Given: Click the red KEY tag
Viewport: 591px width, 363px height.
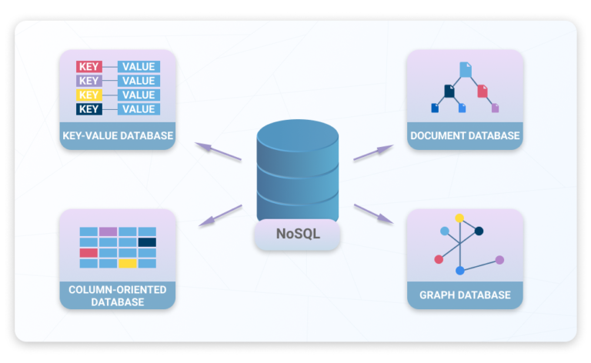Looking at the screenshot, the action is (89, 67).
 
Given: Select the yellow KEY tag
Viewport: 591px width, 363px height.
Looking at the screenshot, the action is (89, 95).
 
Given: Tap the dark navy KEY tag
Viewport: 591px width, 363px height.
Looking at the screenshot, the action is (89, 109).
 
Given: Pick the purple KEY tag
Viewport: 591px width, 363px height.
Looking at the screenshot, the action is (89, 81).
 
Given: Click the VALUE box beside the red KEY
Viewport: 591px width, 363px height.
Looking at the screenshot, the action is (139, 67).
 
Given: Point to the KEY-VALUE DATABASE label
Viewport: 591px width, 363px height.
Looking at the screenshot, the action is (118, 135).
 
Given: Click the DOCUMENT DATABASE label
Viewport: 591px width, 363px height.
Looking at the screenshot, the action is (465, 135).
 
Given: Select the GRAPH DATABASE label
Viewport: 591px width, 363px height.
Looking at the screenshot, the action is (465, 295).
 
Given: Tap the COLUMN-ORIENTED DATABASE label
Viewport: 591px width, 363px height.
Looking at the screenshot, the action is (118, 295).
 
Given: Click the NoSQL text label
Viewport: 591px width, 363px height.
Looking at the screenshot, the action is (298, 234).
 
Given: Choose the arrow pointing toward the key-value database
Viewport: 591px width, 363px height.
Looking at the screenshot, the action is (218, 152).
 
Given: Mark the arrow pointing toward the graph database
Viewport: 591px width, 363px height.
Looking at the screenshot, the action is (373, 214).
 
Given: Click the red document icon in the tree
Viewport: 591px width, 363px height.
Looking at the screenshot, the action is (482, 91).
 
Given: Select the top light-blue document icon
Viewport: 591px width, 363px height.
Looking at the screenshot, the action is (466, 70).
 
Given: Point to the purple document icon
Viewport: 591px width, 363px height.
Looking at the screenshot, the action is (496, 108).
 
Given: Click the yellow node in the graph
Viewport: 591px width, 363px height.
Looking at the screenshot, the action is (459, 218).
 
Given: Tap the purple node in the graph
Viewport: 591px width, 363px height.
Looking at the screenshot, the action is (499, 260).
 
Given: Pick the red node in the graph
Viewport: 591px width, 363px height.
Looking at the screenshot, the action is (439, 259).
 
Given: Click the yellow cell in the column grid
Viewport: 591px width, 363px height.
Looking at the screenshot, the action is (128, 263).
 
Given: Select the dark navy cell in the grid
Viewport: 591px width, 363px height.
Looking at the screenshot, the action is (147, 242).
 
